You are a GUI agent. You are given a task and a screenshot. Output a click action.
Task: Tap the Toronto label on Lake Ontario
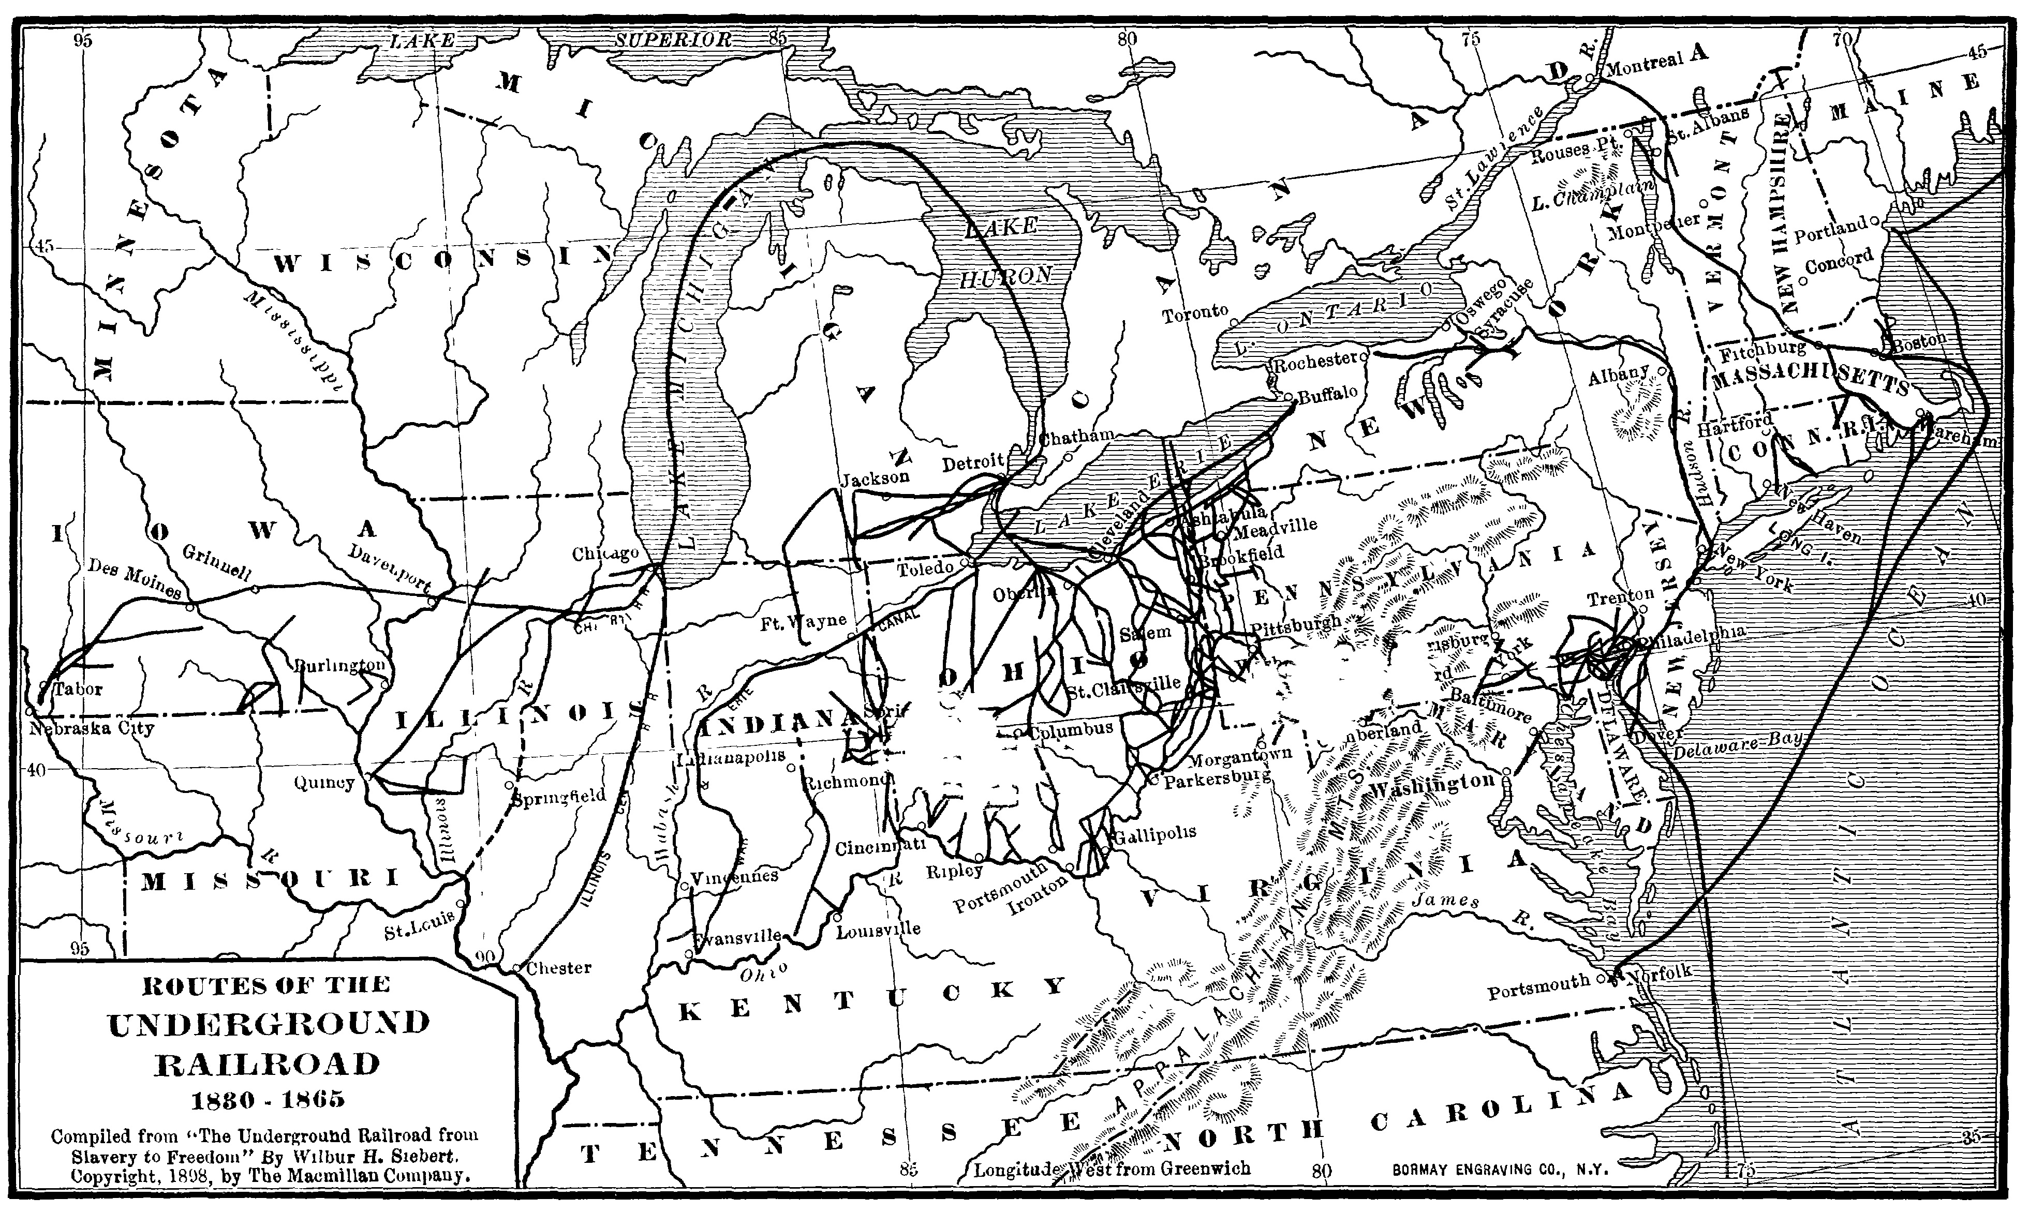point(1196,313)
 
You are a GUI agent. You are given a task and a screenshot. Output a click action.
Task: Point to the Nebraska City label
point(92,727)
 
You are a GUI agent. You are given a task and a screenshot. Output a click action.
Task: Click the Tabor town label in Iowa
point(79,689)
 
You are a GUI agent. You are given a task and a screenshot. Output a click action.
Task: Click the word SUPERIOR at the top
point(674,40)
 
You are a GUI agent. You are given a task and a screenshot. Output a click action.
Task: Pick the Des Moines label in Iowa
point(134,580)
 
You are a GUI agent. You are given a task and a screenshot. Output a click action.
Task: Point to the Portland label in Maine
point(1830,231)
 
